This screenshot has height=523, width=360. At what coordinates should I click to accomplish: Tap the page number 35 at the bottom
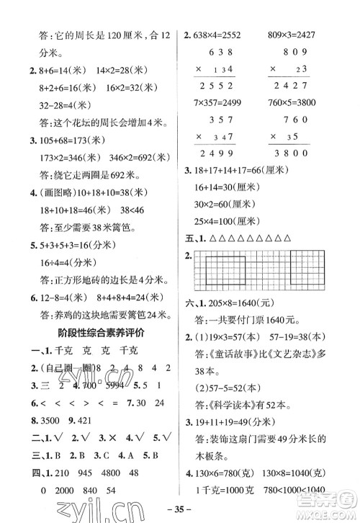pyautogui.click(x=179, y=514)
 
